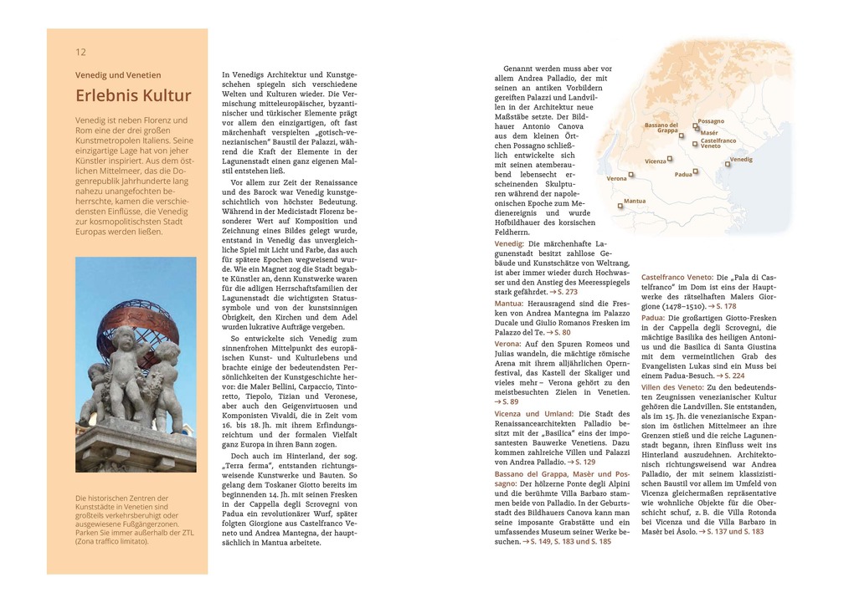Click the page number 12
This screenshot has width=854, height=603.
pyautogui.click(x=80, y=52)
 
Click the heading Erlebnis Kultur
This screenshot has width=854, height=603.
pyautogui.click(x=133, y=95)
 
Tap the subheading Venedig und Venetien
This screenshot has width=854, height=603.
pyautogui.click(x=118, y=74)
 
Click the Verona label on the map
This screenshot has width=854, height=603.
pyautogui.click(x=616, y=178)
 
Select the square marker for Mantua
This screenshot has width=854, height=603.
pyautogui.click(x=620, y=205)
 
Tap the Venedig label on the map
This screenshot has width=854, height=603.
pyautogui.click(x=741, y=159)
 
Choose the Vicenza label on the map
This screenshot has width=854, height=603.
pyautogui.click(x=656, y=161)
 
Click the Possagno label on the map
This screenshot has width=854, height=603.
pyautogui.click(x=711, y=121)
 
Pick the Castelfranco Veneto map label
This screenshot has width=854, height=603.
pyautogui.click(x=713, y=143)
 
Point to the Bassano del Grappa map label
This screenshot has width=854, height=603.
pyautogui.click(x=661, y=127)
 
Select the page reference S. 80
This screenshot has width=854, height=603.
pyautogui.click(x=561, y=332)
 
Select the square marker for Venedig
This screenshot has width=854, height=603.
pyautogui.click(x=728, y=165)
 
